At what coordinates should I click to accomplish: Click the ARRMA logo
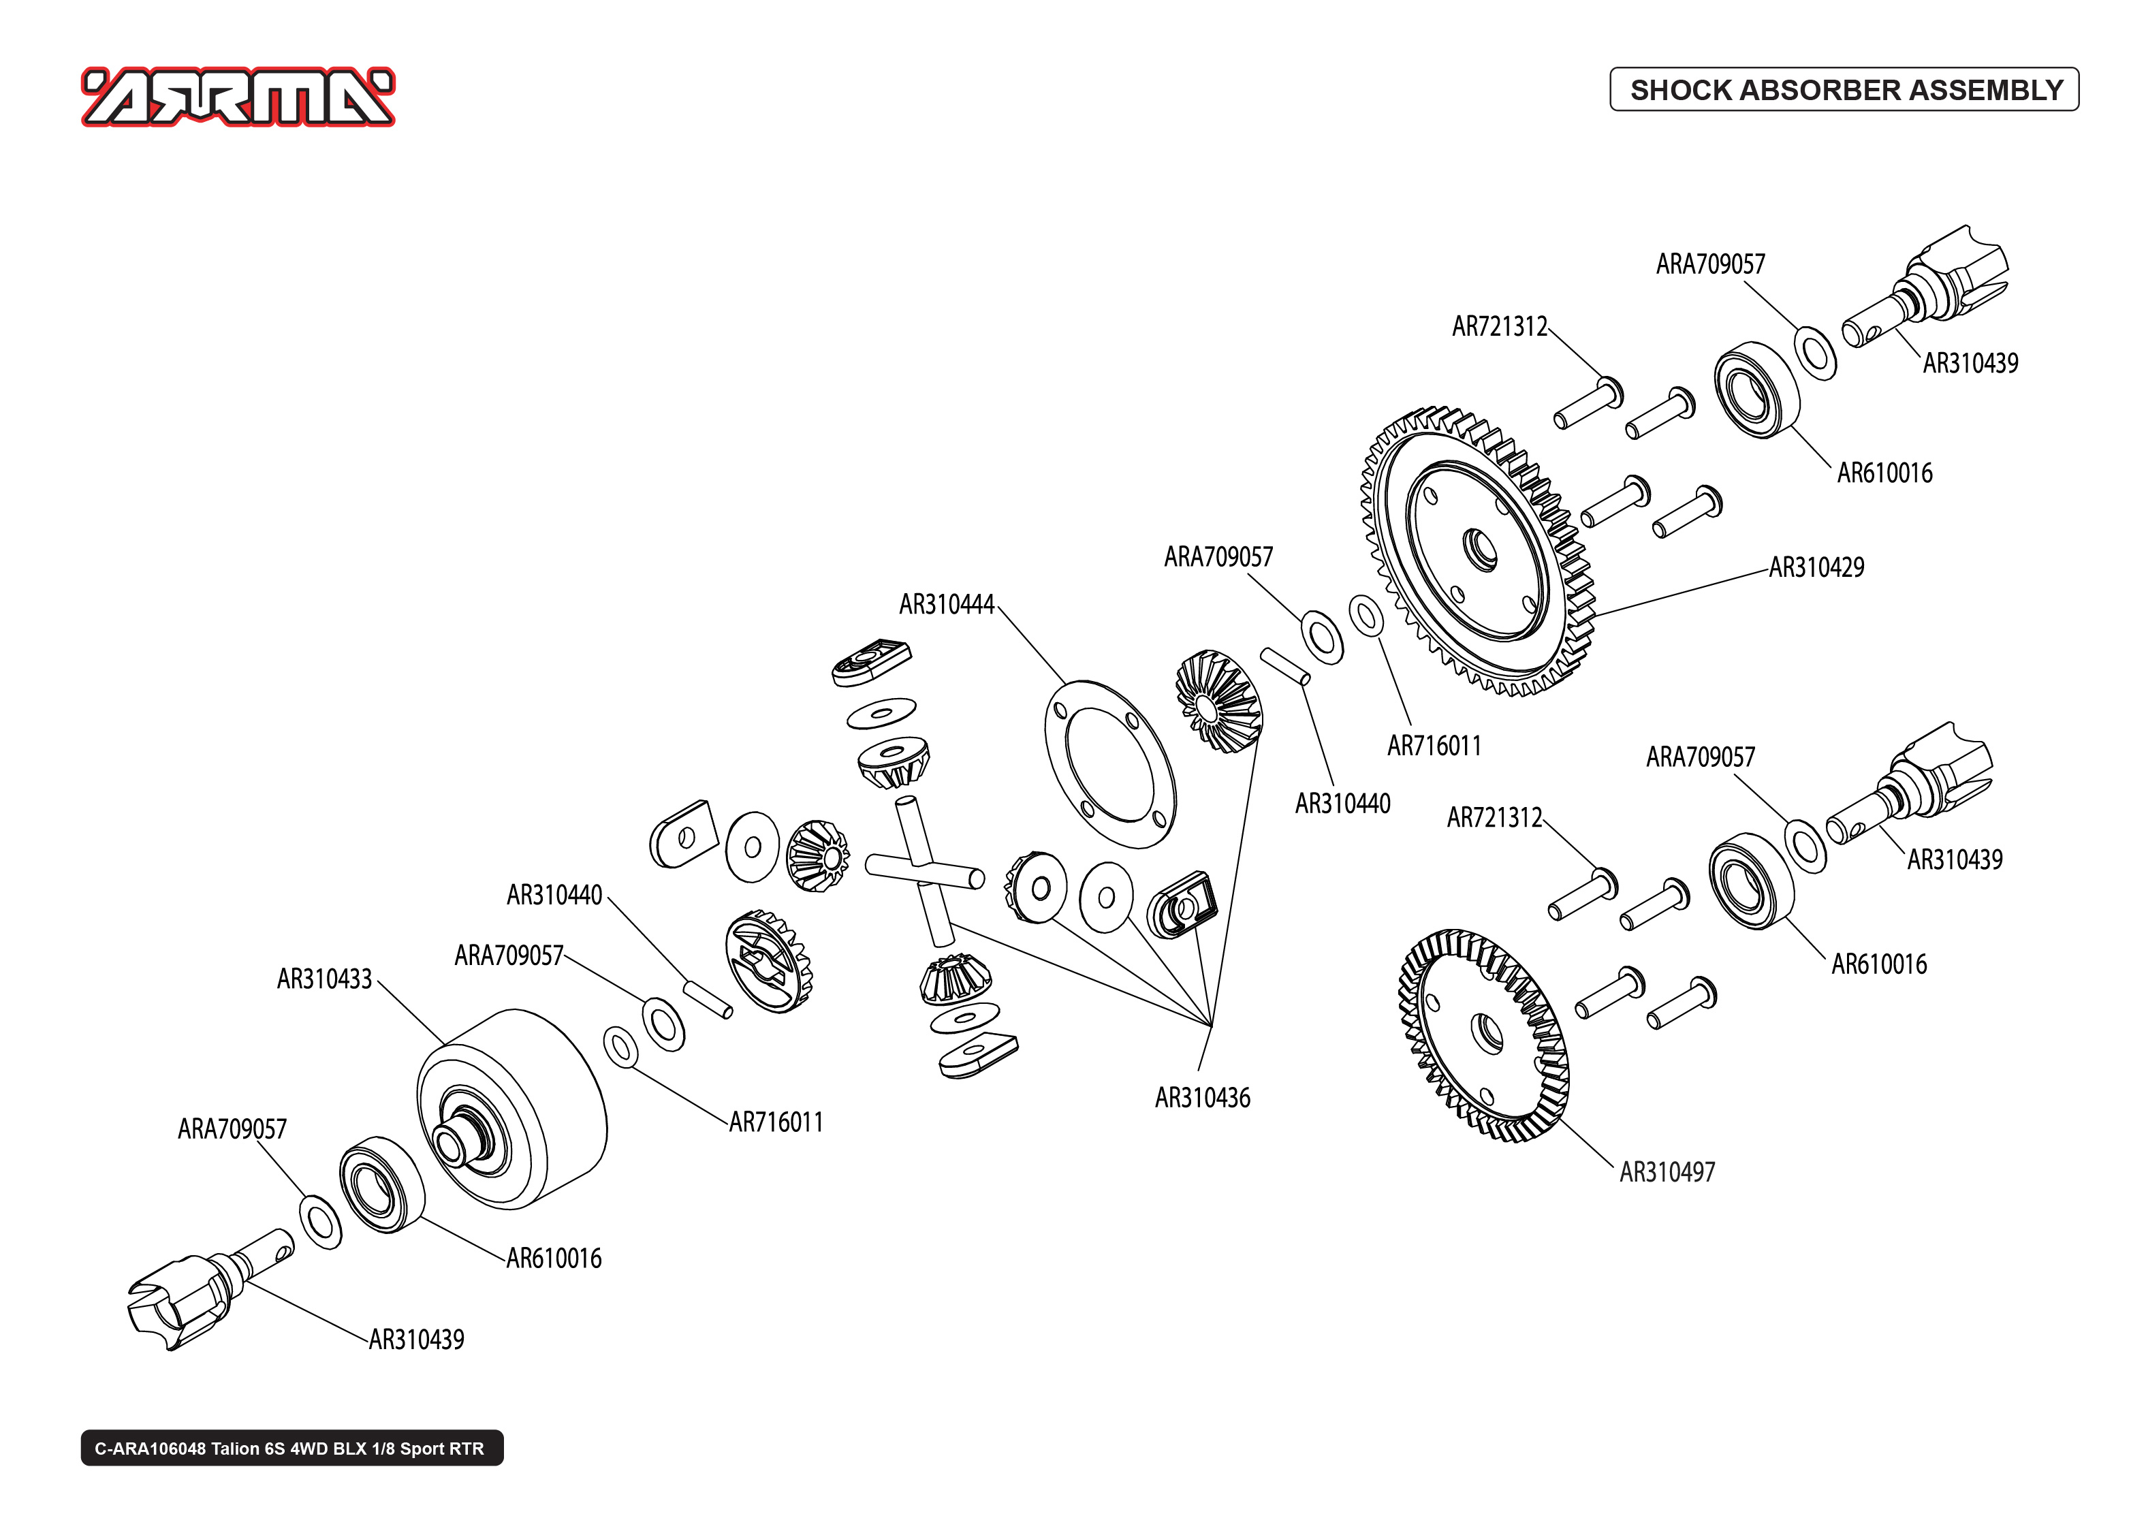(x=238, y=97)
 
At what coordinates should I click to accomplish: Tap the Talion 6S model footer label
(x=291, y=1448)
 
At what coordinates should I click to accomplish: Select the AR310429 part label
(x=1816, y=567)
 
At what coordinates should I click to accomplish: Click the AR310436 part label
(x=1201, y=1097)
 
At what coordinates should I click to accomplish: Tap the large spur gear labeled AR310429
(x=1477, y=552)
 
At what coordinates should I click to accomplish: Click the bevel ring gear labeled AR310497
(x=1483, y=1034)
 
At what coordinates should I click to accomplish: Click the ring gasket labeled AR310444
(x=1110, y=763)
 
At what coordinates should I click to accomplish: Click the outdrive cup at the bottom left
(x=179, y=1303)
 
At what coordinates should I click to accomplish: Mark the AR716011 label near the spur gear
(x=1434, y=746)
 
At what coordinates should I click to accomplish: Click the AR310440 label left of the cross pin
(x=554, y=894)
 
